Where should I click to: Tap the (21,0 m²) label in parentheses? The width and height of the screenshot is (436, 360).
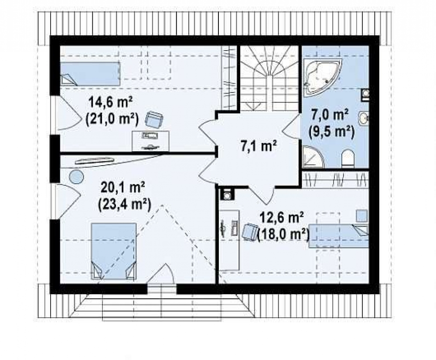112,119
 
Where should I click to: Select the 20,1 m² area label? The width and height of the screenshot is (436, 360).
123,188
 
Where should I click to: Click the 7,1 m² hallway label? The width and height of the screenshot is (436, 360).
259,146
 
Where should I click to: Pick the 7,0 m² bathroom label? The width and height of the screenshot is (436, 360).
330,115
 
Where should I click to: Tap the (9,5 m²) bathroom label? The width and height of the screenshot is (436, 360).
331,132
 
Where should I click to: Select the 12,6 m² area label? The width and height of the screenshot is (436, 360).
281,217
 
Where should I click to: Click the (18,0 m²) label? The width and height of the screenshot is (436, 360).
284,234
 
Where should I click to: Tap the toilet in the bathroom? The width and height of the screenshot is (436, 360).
347,159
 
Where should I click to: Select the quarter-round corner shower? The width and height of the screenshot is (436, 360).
313,157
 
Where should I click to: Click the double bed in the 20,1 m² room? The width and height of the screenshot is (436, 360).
114,251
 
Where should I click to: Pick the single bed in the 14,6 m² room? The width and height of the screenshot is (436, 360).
90,74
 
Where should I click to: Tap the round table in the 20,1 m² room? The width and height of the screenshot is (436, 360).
76,176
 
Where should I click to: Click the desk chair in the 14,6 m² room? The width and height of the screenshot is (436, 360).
154,119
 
